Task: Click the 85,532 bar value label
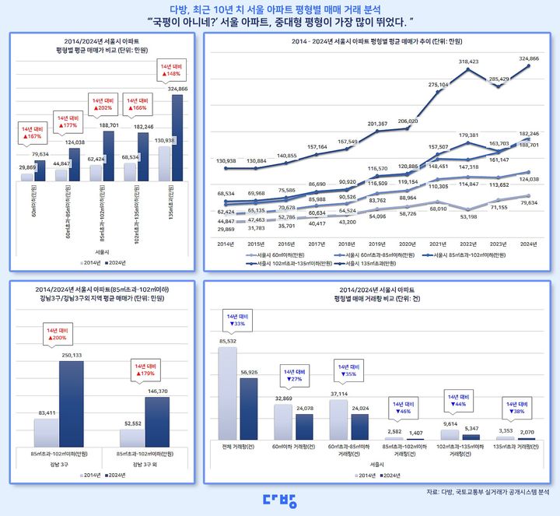click(227, 341)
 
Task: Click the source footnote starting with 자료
click(488, 492)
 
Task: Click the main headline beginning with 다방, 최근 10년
click(279, 8)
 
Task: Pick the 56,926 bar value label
click(249, 372)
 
